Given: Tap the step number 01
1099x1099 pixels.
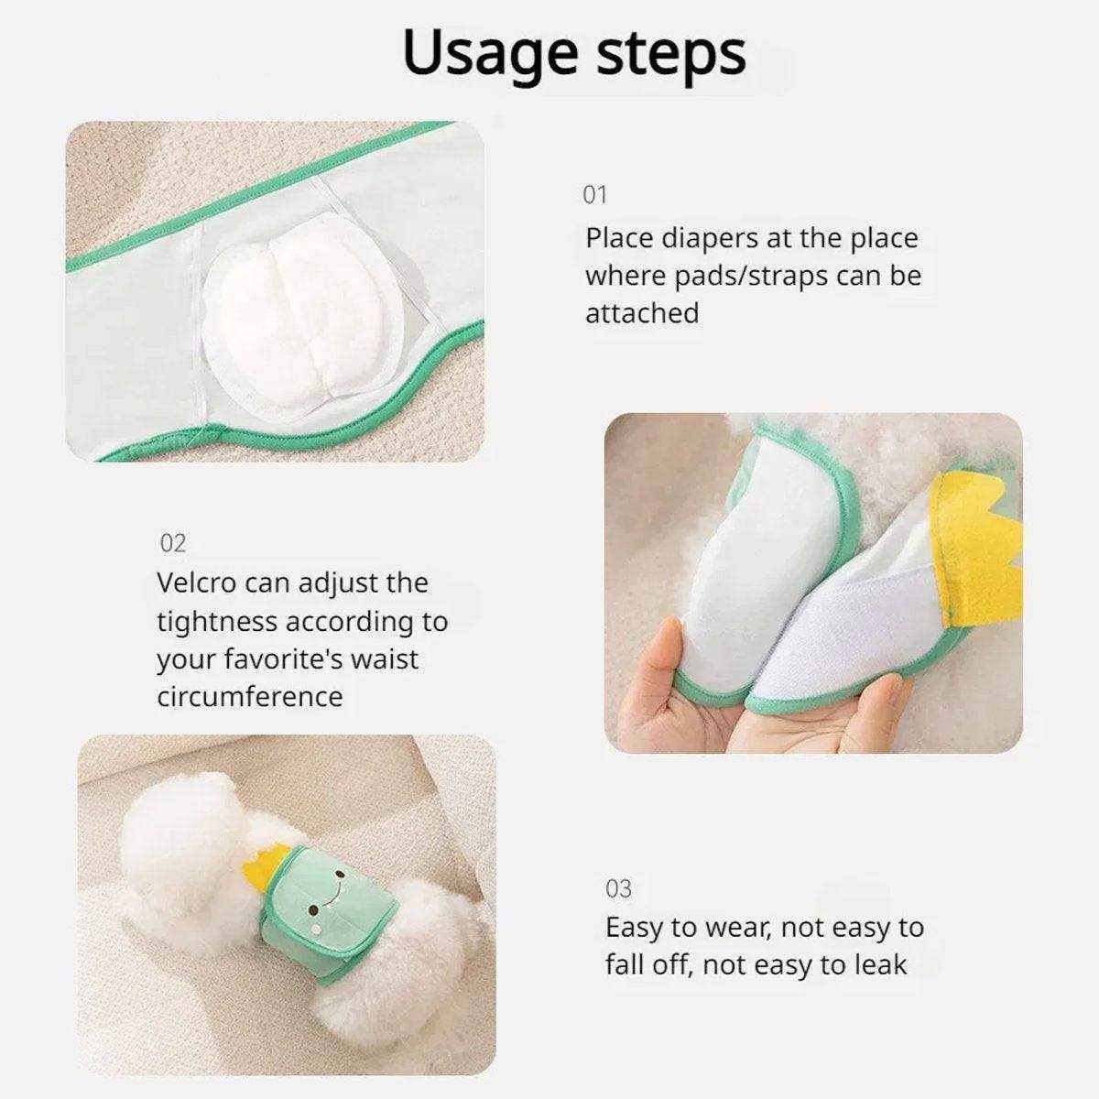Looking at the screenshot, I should (x=595, y=194).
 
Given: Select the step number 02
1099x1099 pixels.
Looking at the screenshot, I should (x=173, y=543).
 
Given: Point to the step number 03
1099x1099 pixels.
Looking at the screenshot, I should (x=618, y=888).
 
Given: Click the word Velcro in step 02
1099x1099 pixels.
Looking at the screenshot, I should (x=196, y=583).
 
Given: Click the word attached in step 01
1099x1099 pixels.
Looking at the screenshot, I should (x=642, y=313).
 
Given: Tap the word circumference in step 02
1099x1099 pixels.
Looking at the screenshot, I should (x=250, y=696).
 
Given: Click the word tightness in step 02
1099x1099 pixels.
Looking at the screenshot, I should (x=217, y=622).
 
